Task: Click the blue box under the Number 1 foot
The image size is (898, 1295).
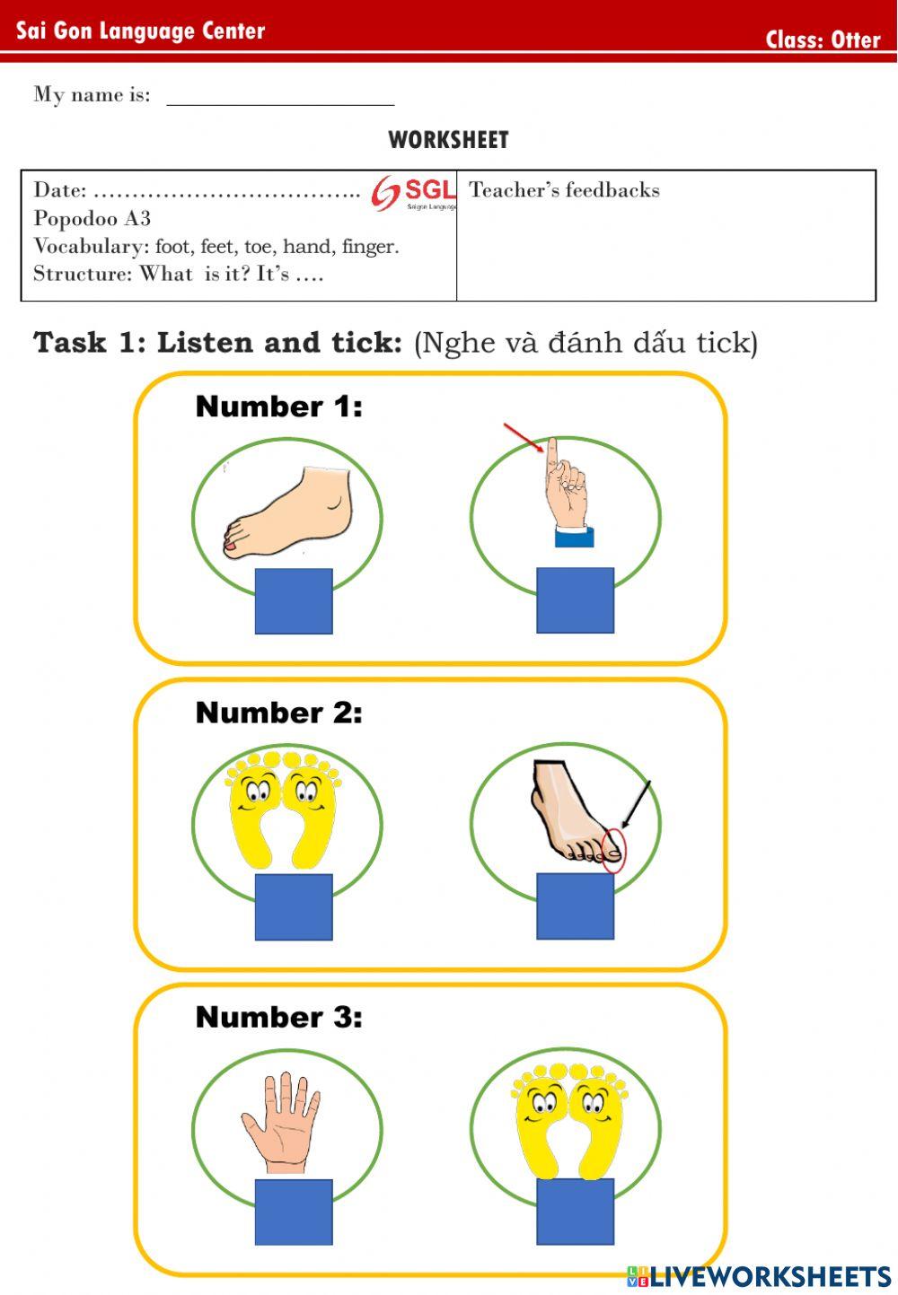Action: click(294, 601)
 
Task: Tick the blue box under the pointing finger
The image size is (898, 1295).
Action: click(575, 600)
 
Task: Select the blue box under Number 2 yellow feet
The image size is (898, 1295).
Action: click(294, 906)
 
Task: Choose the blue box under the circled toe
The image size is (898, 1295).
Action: click(575, 906)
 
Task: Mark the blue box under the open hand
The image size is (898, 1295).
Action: click(294, 1212)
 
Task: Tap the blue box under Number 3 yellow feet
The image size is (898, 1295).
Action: click(575, 1212)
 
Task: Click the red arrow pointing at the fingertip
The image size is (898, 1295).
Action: click(524, 437)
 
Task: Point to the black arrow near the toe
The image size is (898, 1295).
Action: click(636, 804)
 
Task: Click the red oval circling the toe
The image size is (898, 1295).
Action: click(612, 850)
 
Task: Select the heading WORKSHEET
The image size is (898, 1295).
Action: click(448, 140)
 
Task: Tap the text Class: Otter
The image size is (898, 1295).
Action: click(823, 39)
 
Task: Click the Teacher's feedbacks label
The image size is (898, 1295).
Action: click(564, 190)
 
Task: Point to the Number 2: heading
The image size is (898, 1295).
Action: click(278, 713)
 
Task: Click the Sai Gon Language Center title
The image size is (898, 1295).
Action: click(141, 31)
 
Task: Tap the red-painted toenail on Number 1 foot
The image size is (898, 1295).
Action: click(231, 545)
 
